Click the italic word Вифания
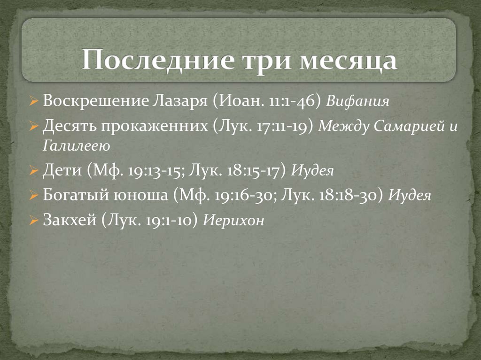358,101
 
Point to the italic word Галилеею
77,146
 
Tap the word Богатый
74,195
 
